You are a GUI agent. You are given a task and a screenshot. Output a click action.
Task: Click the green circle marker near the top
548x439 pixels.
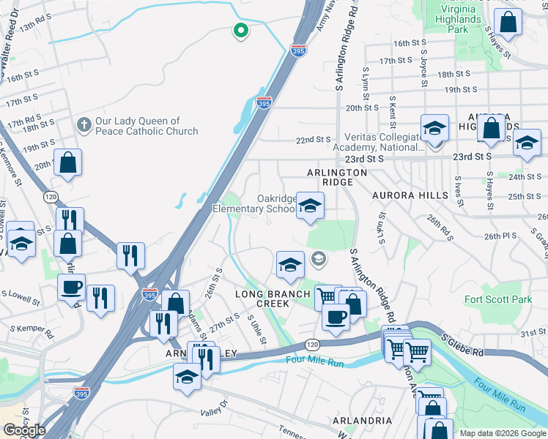pos(240,31)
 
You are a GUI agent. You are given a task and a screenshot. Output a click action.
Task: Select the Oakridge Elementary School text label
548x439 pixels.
pos(253,203)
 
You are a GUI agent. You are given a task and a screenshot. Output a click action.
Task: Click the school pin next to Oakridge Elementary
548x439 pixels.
pos(310,206)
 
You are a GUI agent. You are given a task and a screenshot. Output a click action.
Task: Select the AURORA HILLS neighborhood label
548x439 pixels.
pos(405,197)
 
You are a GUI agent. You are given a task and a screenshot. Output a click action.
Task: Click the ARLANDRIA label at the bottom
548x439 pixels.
pos(358,421)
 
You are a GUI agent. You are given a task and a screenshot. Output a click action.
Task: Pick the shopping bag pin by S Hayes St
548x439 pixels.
pos(508,23)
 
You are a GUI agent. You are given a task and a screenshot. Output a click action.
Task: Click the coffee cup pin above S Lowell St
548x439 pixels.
pos(72,288)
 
